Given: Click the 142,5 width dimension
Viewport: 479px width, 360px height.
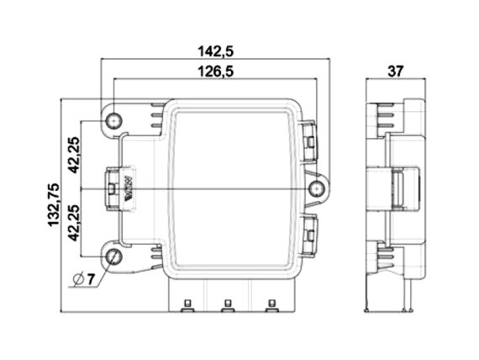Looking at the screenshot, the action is tap(216, 51).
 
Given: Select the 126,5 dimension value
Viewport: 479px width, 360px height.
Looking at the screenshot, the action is tap(216, 71).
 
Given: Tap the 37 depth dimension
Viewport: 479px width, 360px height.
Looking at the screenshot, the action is tap(396, 71).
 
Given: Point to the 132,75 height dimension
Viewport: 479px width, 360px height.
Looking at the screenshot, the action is tap(54, 205).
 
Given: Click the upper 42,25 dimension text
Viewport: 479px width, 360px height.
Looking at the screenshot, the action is tap(74, 155).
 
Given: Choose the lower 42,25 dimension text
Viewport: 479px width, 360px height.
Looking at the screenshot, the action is tap(74, 223).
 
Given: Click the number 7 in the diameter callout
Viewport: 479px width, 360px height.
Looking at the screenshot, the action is tap(91, 279).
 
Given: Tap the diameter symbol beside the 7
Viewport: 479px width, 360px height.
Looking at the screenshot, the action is tap(79, 279).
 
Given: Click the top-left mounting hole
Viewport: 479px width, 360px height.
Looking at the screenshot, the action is tap(114, 121).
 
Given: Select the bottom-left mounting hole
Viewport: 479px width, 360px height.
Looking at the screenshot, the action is tap(114, 257).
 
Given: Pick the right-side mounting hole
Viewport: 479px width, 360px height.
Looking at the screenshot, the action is tap(317, 189).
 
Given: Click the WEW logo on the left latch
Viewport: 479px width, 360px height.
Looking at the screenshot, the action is tap(129, 188).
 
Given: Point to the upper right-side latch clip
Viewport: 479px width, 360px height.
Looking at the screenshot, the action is tap(308, 141).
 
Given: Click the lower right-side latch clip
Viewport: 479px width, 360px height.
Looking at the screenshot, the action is tap(308, 236).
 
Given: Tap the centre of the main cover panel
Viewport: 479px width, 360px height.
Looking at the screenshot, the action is tap(232, 188).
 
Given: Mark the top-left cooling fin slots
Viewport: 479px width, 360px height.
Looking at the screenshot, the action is tap(157, 115).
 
